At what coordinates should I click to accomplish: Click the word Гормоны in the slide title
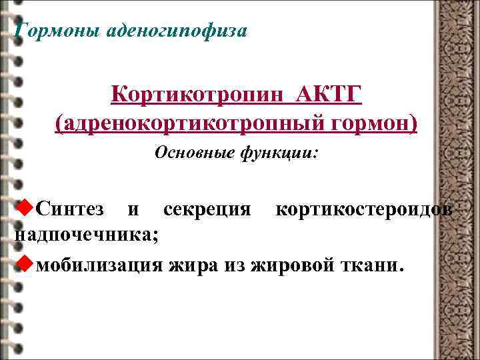[x=56, y=31]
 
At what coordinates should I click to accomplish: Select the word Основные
[x=193, y=154]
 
